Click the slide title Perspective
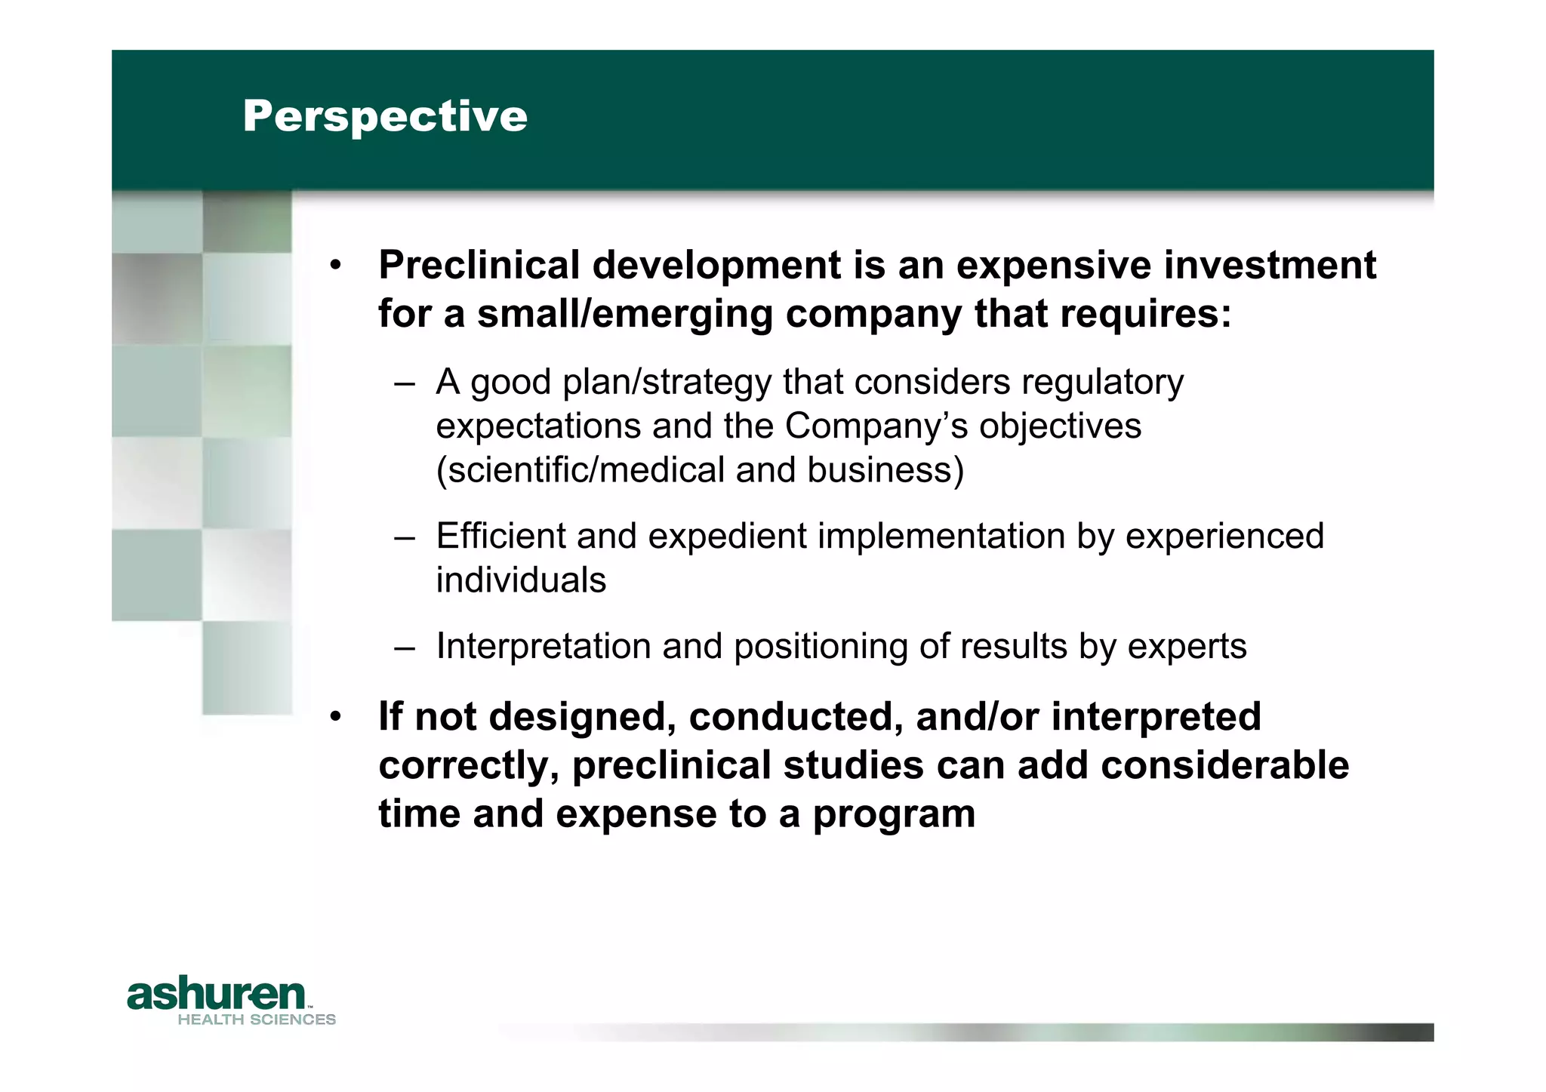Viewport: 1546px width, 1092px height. click(385, 116)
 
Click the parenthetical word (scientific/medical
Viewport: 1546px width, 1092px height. click(580, 469)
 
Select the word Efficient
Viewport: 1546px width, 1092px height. click(500, 536)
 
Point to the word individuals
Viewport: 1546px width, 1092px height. click(521, 580)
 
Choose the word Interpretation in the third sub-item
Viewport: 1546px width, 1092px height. click(553, 647)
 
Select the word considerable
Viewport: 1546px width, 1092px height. click(1224, 765)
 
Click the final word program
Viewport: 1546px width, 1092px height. click(893, 814)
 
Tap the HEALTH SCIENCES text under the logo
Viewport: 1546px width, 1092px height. click(257, 1020)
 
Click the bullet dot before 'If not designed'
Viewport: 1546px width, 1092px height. click(336, 717)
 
